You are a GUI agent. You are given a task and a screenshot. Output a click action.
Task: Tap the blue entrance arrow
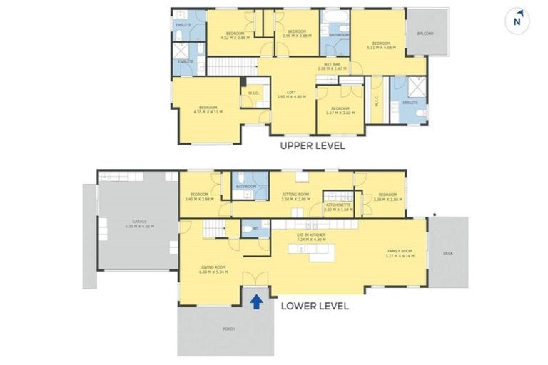click(x=257, y=302)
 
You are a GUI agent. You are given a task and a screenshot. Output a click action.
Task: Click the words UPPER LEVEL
click(x=313, y=146)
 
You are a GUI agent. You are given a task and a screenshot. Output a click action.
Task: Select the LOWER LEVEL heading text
click(x=314, y=306)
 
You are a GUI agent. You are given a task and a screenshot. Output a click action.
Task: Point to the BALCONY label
click(x=425, y=34)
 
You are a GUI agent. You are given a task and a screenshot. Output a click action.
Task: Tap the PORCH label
click(x=229, y=329)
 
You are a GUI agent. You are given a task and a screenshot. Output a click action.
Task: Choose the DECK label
click(x=447, y=252)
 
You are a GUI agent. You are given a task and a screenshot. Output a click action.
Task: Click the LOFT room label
click(x=291, y=92)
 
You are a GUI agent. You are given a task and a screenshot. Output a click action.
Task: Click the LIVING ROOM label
click(x=213, y=267)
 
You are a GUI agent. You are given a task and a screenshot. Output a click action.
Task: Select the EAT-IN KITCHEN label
click(x=311, y=235)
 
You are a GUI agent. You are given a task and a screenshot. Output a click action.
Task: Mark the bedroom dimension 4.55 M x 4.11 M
click(x=208, y=112)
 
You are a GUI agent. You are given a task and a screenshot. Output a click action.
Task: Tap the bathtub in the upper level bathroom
click(x=334, y=17)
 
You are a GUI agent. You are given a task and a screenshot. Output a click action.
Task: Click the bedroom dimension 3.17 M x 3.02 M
click(x=340, y=113)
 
